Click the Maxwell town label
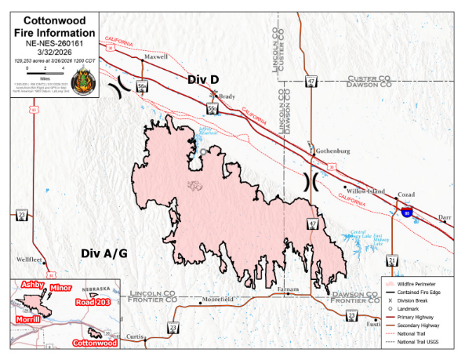click(156, 57)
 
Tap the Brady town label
click(227, 96)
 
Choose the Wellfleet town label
click(31, 258)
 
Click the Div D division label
click(202, 80)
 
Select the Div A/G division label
click(104, 253)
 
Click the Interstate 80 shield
click(406, 212)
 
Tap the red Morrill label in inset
click(27, 319)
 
